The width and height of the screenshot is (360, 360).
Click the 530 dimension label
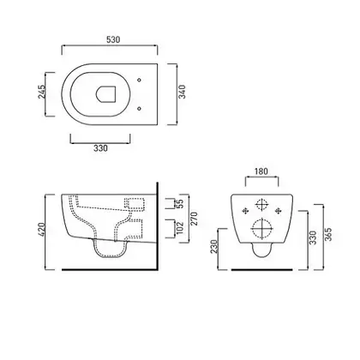click(113, 39)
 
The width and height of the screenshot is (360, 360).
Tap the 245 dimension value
click(42, 92)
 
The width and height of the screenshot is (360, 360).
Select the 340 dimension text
click(182, 92)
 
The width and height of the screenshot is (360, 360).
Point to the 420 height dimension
click(42, 230)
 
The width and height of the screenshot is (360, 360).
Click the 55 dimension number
click(180, 204)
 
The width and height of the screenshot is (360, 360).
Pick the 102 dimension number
click(180, 228)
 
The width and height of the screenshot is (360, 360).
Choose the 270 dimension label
click(194, 219)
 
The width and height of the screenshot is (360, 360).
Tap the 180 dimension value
click(261, 171)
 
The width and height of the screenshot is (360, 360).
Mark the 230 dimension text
click(214, 246)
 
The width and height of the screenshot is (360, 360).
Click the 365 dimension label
click(328, 234)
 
